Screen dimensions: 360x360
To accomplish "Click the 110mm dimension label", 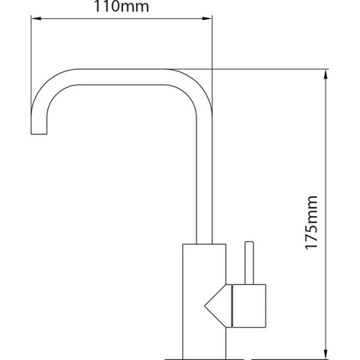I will [x=121, y=8].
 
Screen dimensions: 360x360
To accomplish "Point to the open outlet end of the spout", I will [x=39, y=134].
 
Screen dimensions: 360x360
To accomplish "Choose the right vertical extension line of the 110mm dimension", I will [x=213, y=45].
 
